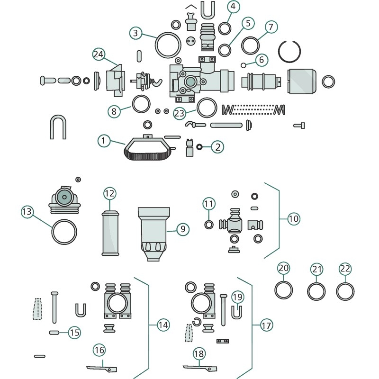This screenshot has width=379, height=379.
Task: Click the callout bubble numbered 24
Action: coord(99,54)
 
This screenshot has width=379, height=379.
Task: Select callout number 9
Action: coord(183,229)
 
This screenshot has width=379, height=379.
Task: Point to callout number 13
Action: coord(27,211)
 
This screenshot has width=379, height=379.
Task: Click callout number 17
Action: coord(267,325)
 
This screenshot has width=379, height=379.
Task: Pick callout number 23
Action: coord(179,113)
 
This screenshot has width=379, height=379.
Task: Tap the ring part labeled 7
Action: coord(251,45)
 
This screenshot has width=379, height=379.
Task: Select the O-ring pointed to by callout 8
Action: coord(141,104)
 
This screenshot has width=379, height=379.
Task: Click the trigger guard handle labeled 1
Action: coord(147,149)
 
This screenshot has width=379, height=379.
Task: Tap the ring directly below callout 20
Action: coord(284,290)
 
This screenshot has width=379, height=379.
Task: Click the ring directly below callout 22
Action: coord(345,291)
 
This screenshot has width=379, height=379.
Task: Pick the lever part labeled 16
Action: coord(102,368)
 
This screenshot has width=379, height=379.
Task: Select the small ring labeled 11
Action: coord(209,224)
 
